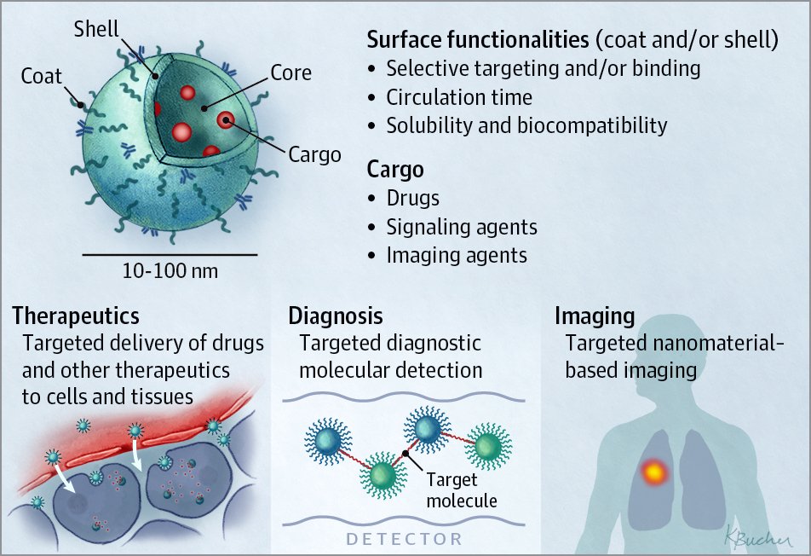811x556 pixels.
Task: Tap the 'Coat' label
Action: [42, 76]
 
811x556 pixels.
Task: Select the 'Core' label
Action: [290, 73]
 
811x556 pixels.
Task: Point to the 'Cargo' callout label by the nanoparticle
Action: [314, 154]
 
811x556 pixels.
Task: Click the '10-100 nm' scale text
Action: [170, 272]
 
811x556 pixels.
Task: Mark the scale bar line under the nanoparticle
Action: [170, 254]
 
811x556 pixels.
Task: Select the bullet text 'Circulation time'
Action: [459, 97]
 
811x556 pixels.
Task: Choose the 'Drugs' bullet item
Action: [412, 199]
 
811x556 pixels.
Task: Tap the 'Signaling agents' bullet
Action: [462, 227]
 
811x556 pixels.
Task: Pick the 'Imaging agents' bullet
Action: [457, 255]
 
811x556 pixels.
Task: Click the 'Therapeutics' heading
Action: [76, 316]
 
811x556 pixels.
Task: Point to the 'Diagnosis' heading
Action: [336, 316]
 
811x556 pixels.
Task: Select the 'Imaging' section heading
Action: [595, 316]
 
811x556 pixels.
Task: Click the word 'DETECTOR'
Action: [405, 539]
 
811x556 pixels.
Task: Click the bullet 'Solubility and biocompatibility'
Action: [526, 125]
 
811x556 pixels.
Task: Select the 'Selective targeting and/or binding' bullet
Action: [544, 69]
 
